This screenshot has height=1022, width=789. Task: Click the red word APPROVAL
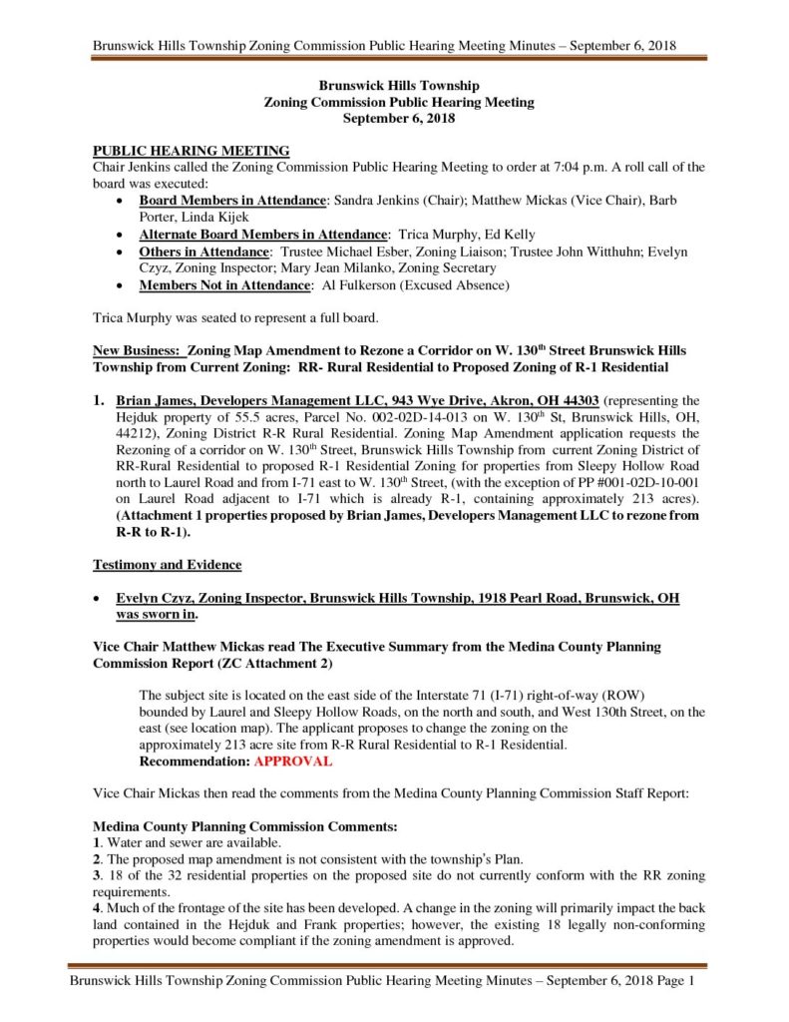click(x=292, y=761)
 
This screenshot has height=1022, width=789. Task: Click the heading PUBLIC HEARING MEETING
click(x=191, y=151)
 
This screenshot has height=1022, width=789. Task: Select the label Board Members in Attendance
click(x=232, y=201)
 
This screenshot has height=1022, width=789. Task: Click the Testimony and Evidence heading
click(x=167, y=565)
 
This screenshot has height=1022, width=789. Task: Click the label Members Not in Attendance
click(x=224, y=285)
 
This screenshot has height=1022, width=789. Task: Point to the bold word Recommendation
click(x=194, y=761)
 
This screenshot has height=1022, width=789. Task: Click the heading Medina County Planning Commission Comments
click(x=244, y=827)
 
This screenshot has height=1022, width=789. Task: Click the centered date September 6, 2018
click(x=399, y=118)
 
